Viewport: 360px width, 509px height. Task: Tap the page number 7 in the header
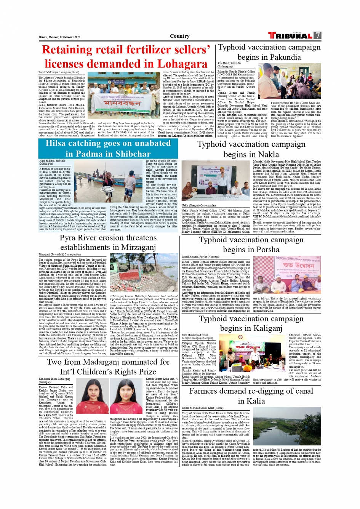pyautogui.click(x=317, y=35)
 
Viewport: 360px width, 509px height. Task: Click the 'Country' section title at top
pyautogui.click(x=180, y=36)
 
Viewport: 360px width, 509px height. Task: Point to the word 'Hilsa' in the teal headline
pyautogui.click(x=58, y=144)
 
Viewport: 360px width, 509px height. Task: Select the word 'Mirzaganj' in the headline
pyautogui.click(x=136, y=247)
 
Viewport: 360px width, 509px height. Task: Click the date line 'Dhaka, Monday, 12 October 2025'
pyautogui.click(x=59, y=37)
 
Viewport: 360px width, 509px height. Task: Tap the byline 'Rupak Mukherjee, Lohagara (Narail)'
pyautogui.click(x=59, y=72)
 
